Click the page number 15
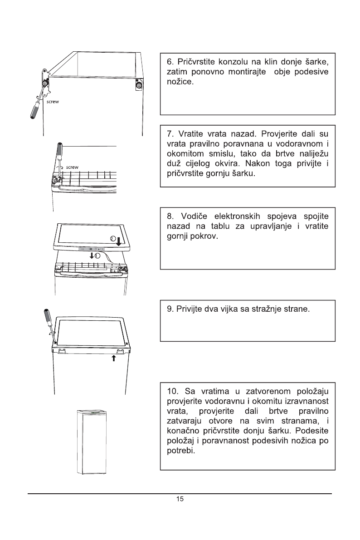click(x=180, y=499)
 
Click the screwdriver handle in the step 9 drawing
click(x=47, y=318)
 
